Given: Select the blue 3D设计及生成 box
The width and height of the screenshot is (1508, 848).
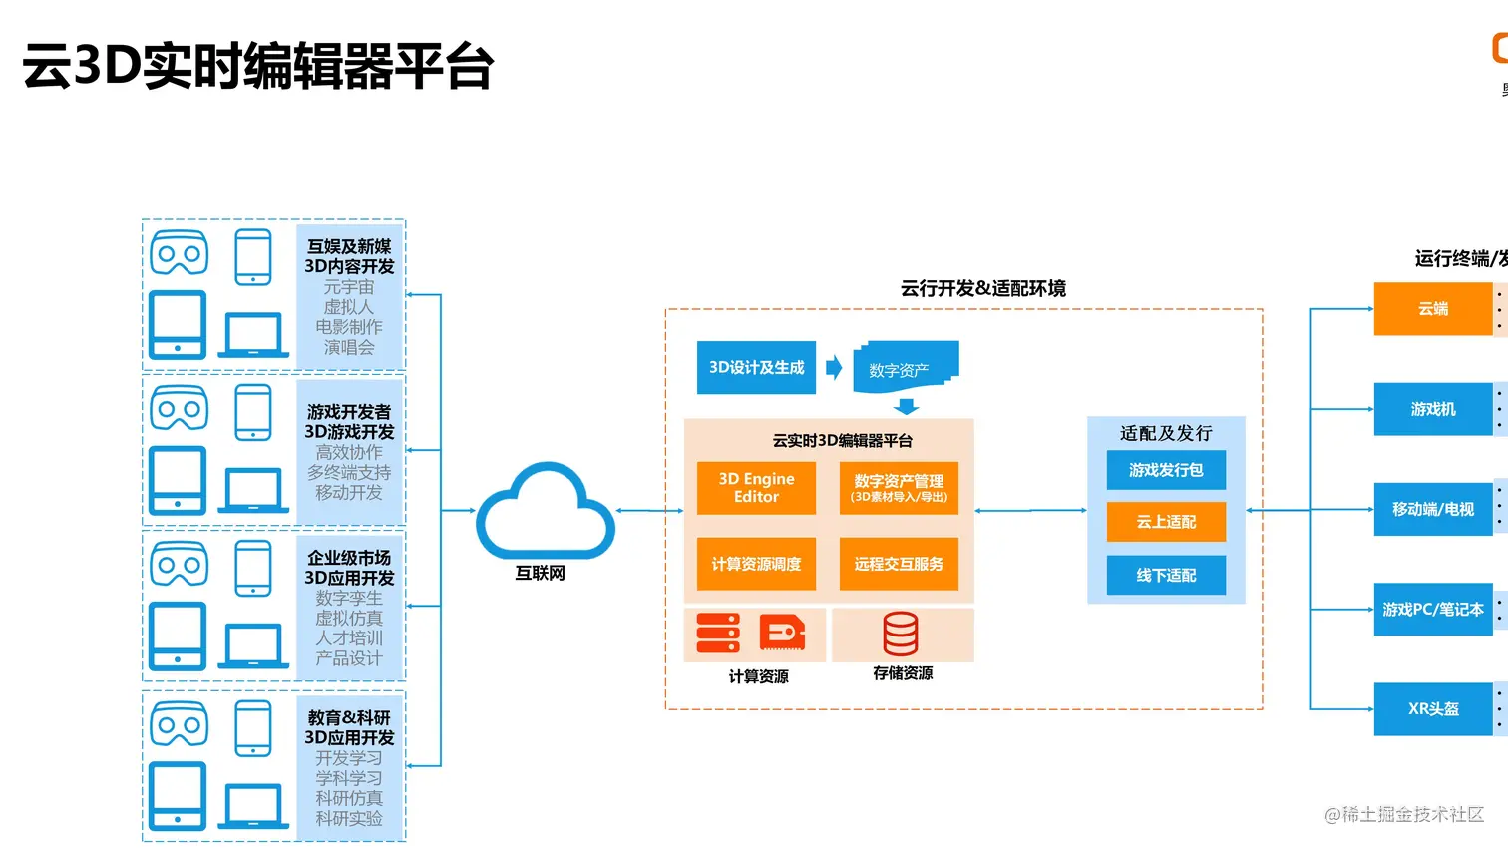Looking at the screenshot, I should tap(756, 368).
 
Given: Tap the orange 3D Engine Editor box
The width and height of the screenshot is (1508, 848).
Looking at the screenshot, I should tap(756, 488).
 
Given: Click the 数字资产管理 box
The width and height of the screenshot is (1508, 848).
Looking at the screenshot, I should tap(899, 488).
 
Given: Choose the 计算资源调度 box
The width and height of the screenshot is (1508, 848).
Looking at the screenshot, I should tap(756, 564).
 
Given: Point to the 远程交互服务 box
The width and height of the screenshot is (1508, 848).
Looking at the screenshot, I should tap(899, 564).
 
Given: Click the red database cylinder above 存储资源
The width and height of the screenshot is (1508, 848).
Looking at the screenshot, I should tap(901, 634).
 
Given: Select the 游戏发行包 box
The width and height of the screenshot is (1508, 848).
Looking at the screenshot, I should tap(1166, 470).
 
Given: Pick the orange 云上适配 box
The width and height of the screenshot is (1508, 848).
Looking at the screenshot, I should tap(1166, 522).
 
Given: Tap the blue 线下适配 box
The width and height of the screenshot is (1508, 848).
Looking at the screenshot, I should tap(1166, 576).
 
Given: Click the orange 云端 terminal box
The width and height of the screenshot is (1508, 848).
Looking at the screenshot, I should tap(1433, 309).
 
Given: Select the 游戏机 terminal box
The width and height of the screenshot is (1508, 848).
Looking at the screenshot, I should tap(1433, 409).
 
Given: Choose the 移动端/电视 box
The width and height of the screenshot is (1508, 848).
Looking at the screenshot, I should tap(1433, 509).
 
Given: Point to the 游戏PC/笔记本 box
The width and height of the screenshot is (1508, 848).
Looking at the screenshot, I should tap(1433, 609).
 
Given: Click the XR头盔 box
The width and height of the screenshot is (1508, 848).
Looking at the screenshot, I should tap(1433, 709).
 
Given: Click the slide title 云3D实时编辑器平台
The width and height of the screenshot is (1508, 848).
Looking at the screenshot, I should tap(258, 67).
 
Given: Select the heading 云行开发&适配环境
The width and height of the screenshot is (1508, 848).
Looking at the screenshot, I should tap(982, 289).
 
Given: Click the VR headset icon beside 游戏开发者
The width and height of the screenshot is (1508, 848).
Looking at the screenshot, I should tap(180, 408).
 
